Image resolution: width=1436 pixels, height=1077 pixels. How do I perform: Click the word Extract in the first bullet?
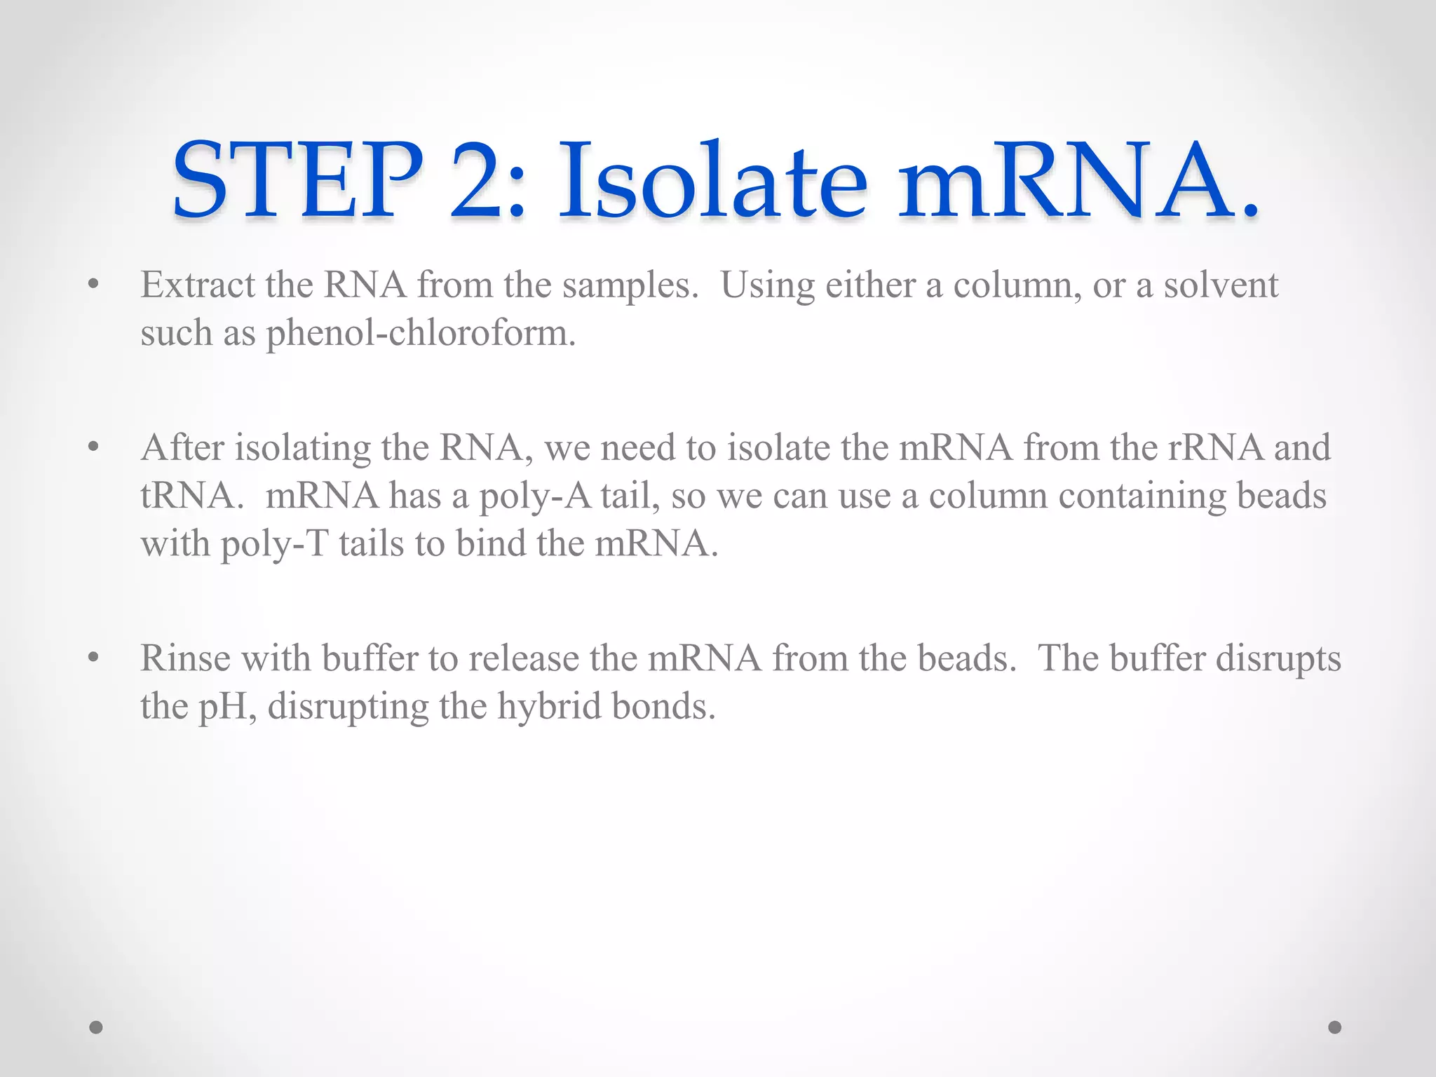pyautogui.click(x=198, y=285)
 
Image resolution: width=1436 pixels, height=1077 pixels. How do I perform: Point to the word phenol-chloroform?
pyautogui.click(x=421, y=332)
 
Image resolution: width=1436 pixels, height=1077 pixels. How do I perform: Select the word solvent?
pyautogui.click(x=1221, y=285)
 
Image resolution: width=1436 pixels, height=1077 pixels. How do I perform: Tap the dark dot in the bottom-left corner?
pyautogui.click(x=96, y=1027)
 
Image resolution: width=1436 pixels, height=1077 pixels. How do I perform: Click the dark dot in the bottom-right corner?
pyautogui.click(x=1335, y=1027)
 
